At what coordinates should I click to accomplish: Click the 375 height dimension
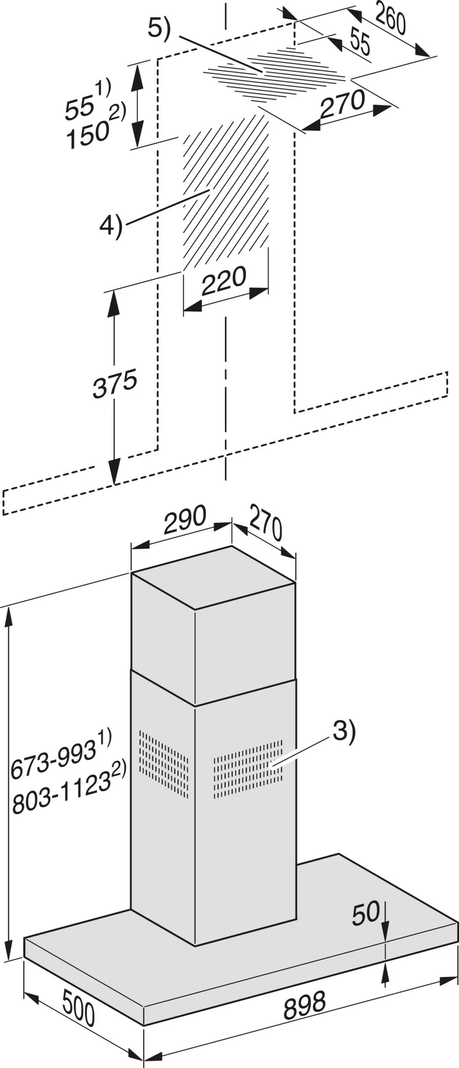click(x=115, y=384)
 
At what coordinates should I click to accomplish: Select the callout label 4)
click(x=111, y=227)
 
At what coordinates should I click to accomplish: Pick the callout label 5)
click(x=160, y=29)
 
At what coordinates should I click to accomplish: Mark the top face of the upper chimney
click(x=213, y=578)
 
